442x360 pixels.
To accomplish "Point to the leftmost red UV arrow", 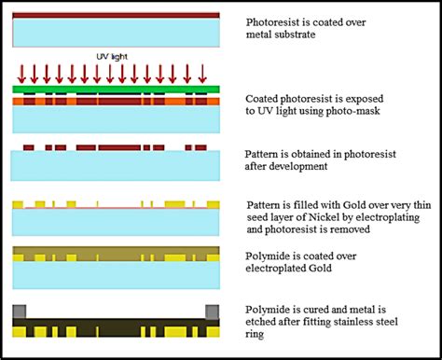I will pos(21,73).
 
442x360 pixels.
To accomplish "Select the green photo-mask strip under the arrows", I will pos(116,89).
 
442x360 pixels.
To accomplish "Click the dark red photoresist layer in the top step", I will pos(116,15).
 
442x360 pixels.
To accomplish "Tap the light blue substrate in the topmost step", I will pos(116,33).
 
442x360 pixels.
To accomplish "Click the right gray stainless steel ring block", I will pos(211,313).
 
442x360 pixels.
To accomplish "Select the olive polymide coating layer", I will pos(116,254).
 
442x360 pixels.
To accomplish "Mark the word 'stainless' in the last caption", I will pos(371,322).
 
